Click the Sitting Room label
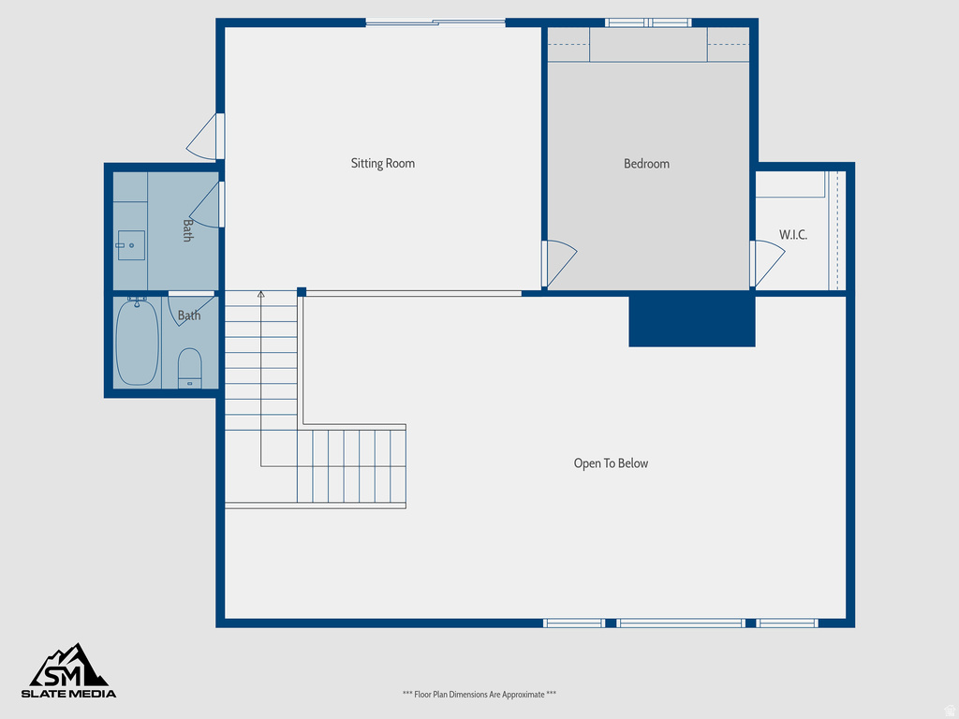[382, 164]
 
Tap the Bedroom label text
[646, 164]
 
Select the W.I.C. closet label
[792, 235]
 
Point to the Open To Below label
[611, 463]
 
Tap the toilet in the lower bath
[190, 367]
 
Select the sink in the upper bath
[131, 245]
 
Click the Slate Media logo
[69, 671]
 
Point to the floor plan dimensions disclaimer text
[479, 695]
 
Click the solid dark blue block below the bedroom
[691, 320]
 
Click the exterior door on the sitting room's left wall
[204, 138]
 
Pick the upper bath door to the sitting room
[206, 206]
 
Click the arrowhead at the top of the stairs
[261, 295]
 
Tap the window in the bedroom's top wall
[647, 22]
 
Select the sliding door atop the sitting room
[435, 22]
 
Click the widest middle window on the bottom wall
[680, 623]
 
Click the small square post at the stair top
[302, 292]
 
